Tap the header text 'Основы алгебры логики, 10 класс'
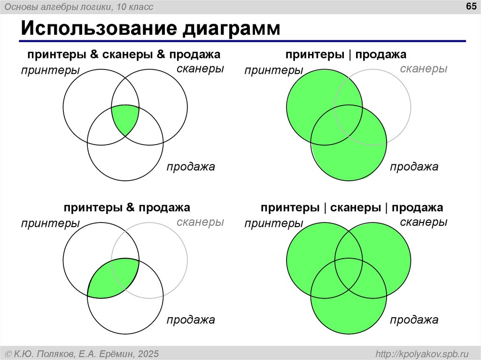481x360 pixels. (x=85, y=7)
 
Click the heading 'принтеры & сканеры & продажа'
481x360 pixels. (x=124, y=55)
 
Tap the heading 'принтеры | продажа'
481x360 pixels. (x=346, y=55)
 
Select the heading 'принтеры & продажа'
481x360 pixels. (x=127, y=207)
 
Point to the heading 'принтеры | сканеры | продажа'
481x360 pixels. (x=352, y=207)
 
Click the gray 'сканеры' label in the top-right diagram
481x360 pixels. (x=423, y=69)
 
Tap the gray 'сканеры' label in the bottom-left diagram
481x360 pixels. (x=200, y=222)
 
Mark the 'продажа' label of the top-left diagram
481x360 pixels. (x=191, y=167)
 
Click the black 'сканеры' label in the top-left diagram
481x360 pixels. (x=200, y=69)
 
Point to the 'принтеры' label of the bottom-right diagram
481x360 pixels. (x=274, y=224)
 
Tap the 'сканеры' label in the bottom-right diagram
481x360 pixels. (x=423, y=222)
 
